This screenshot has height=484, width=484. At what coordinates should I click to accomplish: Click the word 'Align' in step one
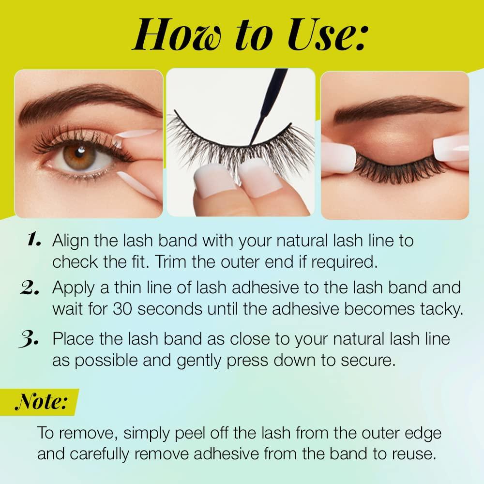[70, 240]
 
